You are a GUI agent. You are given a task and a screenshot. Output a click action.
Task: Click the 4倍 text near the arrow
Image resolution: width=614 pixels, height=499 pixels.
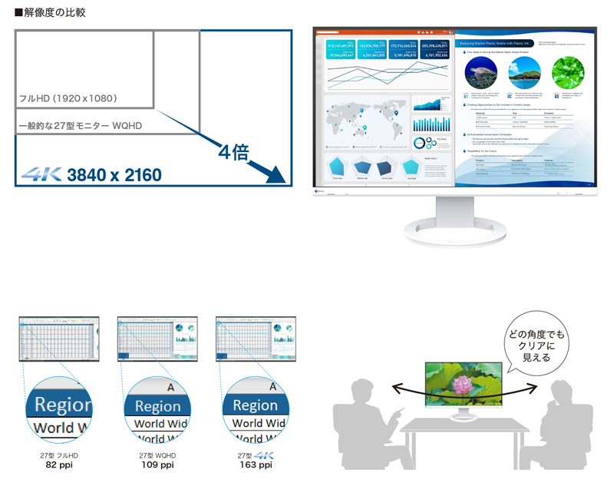pos(233,151)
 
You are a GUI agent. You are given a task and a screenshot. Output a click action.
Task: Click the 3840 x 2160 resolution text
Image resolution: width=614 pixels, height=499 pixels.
pos(114,175)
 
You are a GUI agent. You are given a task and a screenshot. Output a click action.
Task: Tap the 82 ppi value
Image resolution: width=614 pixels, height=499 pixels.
pos(59,465)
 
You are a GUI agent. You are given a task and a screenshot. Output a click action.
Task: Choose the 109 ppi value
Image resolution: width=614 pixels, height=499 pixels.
pos(157,465)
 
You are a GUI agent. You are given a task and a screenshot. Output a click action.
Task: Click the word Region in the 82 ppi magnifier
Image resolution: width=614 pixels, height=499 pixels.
pos(63,405)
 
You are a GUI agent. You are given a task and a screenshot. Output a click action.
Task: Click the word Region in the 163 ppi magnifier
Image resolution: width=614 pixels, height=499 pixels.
pos(255,405)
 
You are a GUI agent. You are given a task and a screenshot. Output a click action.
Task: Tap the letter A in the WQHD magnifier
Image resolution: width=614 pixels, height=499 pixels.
pos(170,388)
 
